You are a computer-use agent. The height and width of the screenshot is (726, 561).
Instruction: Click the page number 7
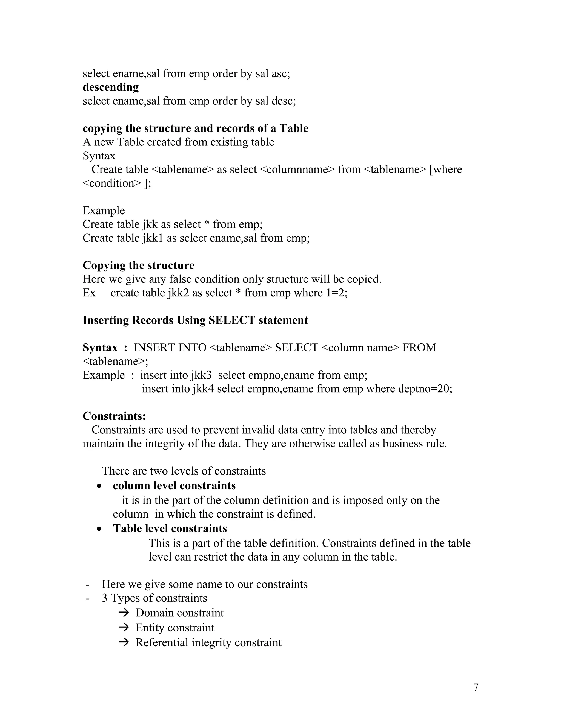tap(476, 687)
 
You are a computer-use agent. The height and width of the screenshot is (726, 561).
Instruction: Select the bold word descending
tap(111, 87)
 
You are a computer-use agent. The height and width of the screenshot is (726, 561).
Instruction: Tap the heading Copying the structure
tap(138, 265)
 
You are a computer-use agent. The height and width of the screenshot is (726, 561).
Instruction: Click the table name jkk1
tap(153, 238)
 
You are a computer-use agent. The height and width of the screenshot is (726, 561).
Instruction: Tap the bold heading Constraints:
tap(114, 416)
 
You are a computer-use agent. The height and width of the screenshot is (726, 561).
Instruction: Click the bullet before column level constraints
tap(99, 486)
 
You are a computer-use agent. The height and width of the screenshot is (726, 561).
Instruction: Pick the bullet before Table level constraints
tap(99, 529)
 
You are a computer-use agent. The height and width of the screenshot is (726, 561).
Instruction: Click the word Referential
tap(162, 642)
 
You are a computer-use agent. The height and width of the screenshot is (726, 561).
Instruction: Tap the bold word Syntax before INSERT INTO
tap(100, 348)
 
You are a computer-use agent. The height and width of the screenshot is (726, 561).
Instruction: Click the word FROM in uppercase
tap(419, 348)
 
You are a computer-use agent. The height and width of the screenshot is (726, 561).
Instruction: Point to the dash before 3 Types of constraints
tap(87, 598)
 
